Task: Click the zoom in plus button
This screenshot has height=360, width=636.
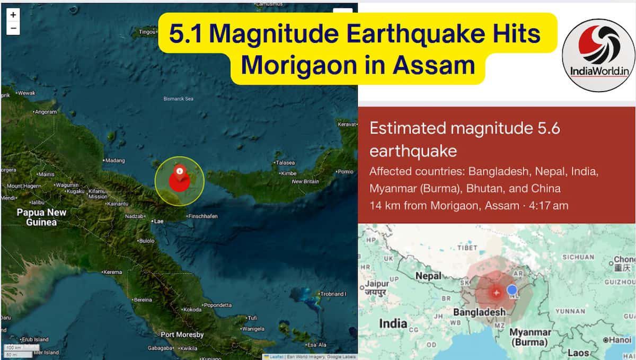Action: coord(13,15)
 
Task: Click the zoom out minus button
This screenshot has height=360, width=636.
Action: coord(13,28)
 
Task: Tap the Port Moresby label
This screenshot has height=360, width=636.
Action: coord(182,335)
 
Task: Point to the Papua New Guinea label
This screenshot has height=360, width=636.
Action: coord(41,217)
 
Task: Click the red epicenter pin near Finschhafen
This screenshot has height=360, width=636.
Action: coord(180,178)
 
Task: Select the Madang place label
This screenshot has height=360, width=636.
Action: coord(114,160)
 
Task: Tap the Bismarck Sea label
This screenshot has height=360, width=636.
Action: coord(178,99)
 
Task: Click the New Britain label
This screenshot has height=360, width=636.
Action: coord(305,182)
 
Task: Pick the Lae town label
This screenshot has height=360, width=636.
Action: coord(157,222)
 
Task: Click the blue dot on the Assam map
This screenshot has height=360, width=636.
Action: coord(511,289)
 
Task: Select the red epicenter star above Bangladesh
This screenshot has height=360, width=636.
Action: coord(496,292)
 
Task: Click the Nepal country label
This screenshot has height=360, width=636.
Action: coord(428,276)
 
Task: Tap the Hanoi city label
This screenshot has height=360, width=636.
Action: coord(620,340)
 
